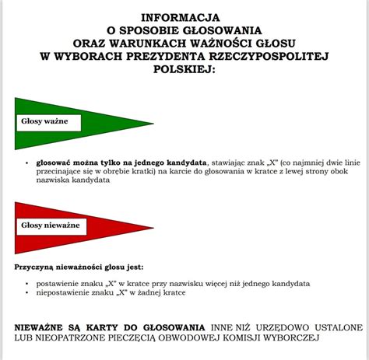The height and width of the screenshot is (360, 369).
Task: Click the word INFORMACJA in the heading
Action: (180, 17)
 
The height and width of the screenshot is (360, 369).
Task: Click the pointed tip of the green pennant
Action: (153, 123)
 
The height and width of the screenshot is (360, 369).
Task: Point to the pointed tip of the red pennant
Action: (153, 226)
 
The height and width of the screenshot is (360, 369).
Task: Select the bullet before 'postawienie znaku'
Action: (27, 285)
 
